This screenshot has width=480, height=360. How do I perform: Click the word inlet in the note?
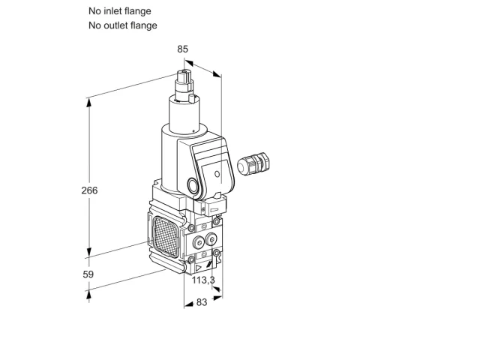pos(112,11)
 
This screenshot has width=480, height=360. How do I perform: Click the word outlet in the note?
pos(115,25)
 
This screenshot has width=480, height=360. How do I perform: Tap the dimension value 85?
pos(182,49)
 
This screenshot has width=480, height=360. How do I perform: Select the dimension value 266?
pos(89,190)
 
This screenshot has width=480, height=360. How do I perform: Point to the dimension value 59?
pos(88,274)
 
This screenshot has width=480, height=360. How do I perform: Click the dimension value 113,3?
pos(203,280)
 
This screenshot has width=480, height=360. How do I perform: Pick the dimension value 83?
pos(202,302)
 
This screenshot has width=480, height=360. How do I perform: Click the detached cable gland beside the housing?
pos(253,163)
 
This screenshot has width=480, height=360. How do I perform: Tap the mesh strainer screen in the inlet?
pos(166,237)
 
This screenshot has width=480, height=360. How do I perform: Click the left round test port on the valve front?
pos(199,243)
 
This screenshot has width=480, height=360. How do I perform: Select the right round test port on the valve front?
pos(211,239)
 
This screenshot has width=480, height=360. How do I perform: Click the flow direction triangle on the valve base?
pos(198,268)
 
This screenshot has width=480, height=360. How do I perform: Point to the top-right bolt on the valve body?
pos(217,221)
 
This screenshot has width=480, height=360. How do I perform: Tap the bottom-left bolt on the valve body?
pos(191,260)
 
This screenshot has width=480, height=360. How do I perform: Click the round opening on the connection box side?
pos(193,185)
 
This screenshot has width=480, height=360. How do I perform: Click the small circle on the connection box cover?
pos(217,174)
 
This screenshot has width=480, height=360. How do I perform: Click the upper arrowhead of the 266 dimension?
pos(89,103)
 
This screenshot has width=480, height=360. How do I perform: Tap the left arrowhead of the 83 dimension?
pos(188,304)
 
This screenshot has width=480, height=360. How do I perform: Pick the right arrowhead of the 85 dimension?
pos(217,74)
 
